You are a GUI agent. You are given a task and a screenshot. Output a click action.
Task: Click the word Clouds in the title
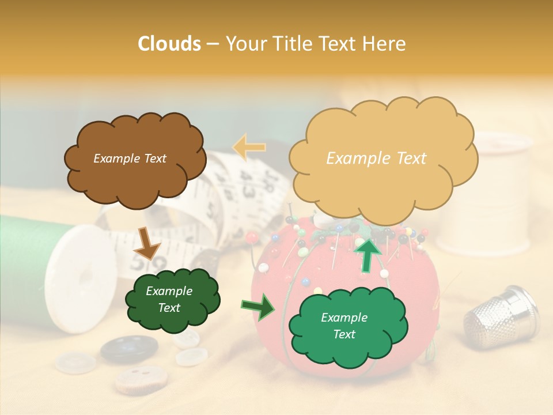169,44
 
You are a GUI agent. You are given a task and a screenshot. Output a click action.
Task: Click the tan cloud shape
382,184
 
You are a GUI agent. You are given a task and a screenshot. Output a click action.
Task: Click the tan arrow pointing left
249,148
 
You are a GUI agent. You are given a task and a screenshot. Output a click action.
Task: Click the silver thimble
500,318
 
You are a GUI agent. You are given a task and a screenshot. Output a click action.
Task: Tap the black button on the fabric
128,349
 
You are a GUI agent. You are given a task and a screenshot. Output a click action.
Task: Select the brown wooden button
141,378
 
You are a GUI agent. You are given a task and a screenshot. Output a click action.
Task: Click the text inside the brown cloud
130,159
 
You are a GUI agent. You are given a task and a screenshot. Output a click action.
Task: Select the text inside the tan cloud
376,159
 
